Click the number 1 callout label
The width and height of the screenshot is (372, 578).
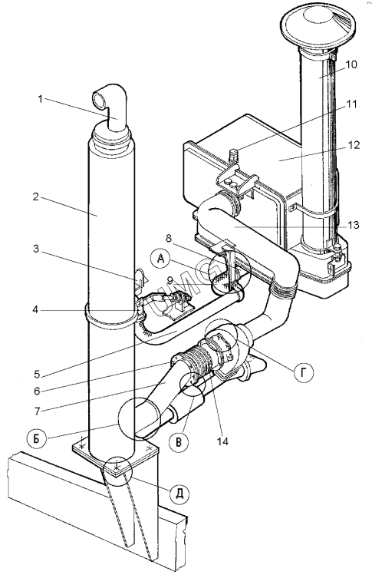[40, 99]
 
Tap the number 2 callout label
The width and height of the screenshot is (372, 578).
[36, 197]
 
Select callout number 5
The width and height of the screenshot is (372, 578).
[37, 374]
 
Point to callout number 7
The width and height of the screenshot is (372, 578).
[37, 410]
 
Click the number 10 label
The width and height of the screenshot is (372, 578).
[351, 64]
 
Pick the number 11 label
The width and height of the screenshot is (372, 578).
[352, 104]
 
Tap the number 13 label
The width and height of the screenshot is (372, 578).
[354, 224]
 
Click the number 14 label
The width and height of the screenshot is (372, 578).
[222, 441]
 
